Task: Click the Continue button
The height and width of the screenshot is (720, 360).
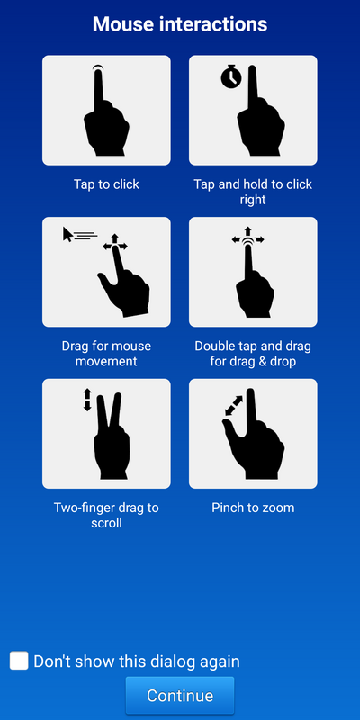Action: tap(179, 695)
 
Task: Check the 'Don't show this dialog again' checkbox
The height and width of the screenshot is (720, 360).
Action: tap(19, 661)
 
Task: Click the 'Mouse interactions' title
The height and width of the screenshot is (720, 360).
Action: tap(180, 24)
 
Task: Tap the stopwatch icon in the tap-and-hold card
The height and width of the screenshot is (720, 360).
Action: tap(231, 76)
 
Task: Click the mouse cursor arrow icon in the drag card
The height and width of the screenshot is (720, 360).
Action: tap(67, 234)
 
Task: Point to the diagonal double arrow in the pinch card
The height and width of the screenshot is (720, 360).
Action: tap(234, 406)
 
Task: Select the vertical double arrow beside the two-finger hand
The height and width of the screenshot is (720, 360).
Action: tap(87, 400)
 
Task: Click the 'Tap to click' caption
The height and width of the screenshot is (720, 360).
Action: tap(106, 184)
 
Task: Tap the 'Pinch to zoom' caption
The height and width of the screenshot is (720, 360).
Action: tap(253, 508)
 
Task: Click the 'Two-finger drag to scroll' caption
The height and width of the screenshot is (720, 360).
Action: tap(106, 515)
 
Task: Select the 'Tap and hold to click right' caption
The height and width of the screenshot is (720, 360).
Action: tap(253, 192)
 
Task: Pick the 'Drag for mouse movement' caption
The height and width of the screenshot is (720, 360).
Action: tap(106, 354)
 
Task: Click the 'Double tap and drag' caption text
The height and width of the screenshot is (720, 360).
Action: tap(253, 346)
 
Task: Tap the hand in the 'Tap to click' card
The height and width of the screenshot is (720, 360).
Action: tap(105, 120)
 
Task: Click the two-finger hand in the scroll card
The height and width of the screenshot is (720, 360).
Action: tap(111, 441)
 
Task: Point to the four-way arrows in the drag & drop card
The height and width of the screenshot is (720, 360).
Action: tap(248, 236)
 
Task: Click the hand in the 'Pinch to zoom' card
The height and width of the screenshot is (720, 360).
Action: tap(254, 441)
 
